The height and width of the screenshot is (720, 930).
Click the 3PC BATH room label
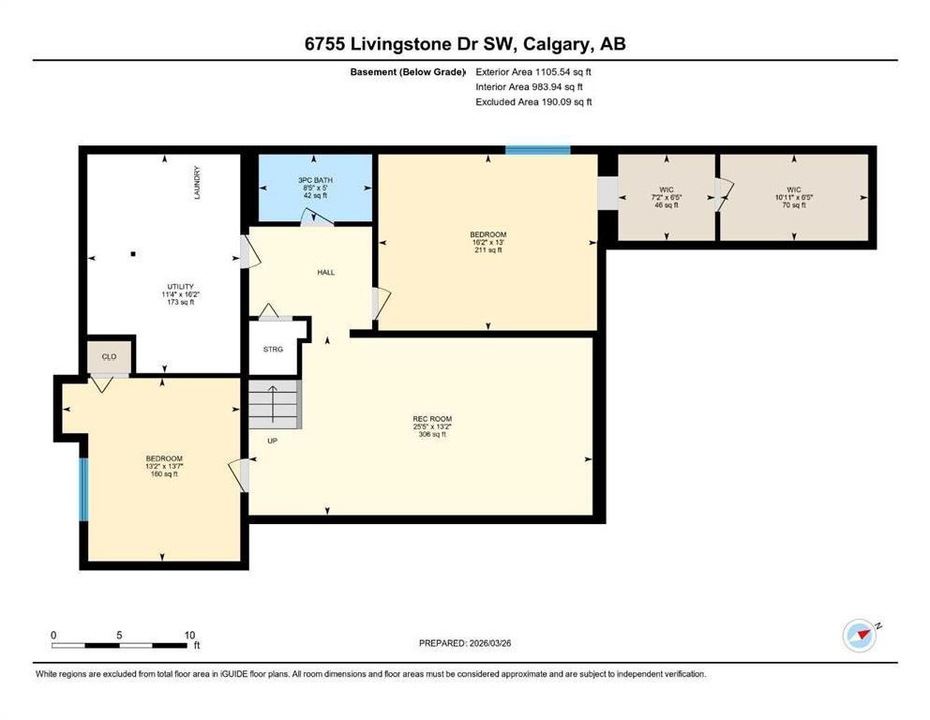[x=315, y=180]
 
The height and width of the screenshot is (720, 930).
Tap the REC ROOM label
[x=432, y=419]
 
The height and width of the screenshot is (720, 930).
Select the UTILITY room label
[x=180, y=287]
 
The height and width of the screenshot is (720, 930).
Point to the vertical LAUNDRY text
[x=197, y=183]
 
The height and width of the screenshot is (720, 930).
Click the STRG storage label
[x=274, y=350]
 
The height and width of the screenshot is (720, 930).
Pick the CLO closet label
[x=109, y=356]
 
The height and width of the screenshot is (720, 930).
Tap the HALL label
[x=325, y=272]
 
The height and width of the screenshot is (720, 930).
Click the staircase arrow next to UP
[x=273, y=404]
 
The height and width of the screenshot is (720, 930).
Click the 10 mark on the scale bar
[x=189, y=636]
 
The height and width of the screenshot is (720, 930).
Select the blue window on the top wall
[x=538, y=150]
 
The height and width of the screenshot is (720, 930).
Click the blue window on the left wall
[x=83, y=489]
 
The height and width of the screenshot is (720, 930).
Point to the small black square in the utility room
[x=133, y=254]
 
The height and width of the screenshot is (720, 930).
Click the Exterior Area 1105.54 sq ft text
[x=533, y=72]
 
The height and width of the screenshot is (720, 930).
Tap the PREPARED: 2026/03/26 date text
[x=465, y=643]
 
